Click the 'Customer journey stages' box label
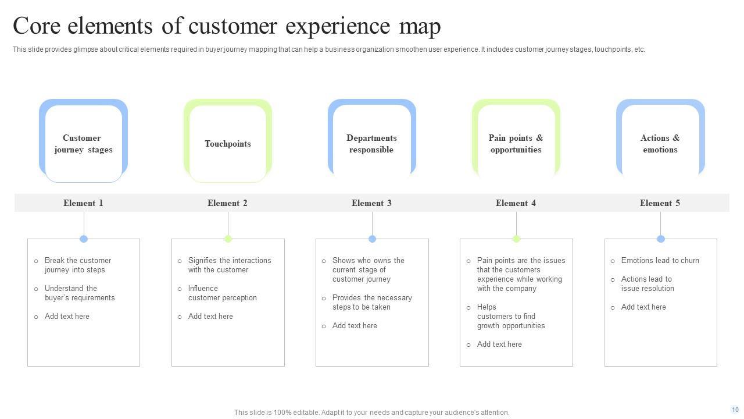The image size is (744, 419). [x=83, y=144]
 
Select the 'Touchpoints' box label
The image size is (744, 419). [x=228, y=144]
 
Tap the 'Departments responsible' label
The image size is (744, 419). [x=371, y=144]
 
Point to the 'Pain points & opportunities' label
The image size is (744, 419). [x=516, y=144]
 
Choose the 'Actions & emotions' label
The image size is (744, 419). [x=660, y=144]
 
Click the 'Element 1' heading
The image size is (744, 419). [x=83, y=203]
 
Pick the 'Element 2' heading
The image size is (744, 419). [x=227, y=203]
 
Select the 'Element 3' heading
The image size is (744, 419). [x=371, y=203]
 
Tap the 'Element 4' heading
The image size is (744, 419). [x=516, y=203]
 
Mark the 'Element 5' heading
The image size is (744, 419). [x=660, y=203]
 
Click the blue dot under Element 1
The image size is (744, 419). [x=84, y=239]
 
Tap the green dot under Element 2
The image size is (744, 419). [x=228, y=239]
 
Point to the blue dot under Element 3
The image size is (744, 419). [x=372, y=239]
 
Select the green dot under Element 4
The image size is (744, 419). [x=516, y=239]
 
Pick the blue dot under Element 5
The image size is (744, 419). [x=660, y=239]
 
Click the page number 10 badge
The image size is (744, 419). [x=735, y=410]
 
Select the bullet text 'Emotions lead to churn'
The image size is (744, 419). [x=660, y=261]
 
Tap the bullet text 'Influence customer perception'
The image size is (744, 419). [x=222, y=293]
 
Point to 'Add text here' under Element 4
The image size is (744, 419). [x=499, y=345]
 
